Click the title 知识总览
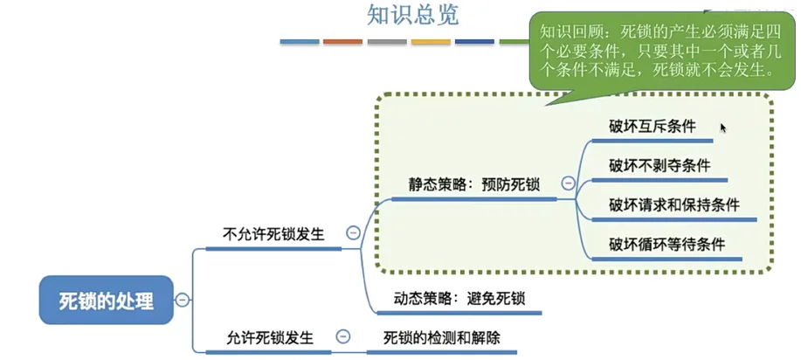tap(412, 16)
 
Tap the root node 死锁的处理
tap(106, 301)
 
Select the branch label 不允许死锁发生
tap(273, 234)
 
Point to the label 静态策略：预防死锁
tap(474, 184)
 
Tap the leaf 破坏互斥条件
tap(653, 126)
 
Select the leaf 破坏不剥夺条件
tap(659, 165)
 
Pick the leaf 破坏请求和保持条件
tap(674, 204)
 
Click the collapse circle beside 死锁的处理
tap(183, 300)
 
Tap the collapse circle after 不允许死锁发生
tap(353, 233)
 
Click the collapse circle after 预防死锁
tap(568, 183)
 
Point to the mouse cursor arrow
tap(722, 128)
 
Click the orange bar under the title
tap(342, 41)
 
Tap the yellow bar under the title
tap(431, 41)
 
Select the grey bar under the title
tap(387, 41)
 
